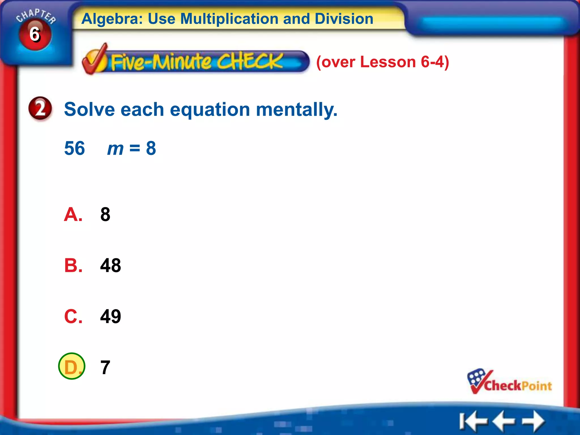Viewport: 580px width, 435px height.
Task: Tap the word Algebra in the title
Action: pyautogui.click(x=112, y=19)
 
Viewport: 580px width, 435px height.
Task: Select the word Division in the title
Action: pyautogui.click(x=344, y=19)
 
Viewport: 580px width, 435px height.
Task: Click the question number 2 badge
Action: pyautogui.click(x=40, y=109)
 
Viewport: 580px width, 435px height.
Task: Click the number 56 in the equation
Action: pyautogui.click(x=74, y=148)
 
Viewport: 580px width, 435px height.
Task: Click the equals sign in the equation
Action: pyautogui.click(x=135, y=148)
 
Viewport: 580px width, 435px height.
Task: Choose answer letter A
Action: pyautogui.click(x=73, y=215)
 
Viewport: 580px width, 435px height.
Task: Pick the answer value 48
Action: pyautogui.click(x=110, y=266)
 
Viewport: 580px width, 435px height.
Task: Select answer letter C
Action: pyautogui.click(x=73, y=317)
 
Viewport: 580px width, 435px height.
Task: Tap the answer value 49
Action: pyautogui.click(x=110, y=317)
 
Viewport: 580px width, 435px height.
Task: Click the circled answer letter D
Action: pyautogui.click(x=72, y=366)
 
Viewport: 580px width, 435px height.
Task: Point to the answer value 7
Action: pyautogui.click(x=105, y=368)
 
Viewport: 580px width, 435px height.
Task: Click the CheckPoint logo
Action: pyautogui.click(x=509, y=382)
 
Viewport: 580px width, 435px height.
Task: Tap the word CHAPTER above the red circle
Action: pyautogui.click(x=36, y=16)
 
